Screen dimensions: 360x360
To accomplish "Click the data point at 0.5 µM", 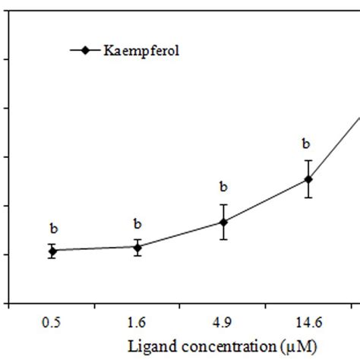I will [52, 251].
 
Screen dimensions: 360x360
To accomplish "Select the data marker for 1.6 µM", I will [137, 247].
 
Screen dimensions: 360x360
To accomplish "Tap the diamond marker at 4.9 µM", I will [223, 222].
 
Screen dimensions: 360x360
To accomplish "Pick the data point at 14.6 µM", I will [308, 179].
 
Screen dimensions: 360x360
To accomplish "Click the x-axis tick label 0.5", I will [52, 323].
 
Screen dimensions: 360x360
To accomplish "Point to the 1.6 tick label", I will [137, 323].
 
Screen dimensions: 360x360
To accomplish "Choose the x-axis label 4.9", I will [223, 323].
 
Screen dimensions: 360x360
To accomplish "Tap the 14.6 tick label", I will [308, 323].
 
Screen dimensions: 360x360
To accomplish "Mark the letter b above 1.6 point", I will [137, 224].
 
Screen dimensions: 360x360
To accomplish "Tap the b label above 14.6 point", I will [308, 143].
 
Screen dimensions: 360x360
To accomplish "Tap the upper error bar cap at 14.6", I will [308, 160].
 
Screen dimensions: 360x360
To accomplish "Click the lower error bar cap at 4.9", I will [223, 239].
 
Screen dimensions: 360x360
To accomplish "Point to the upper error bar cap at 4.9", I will [223, 204].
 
